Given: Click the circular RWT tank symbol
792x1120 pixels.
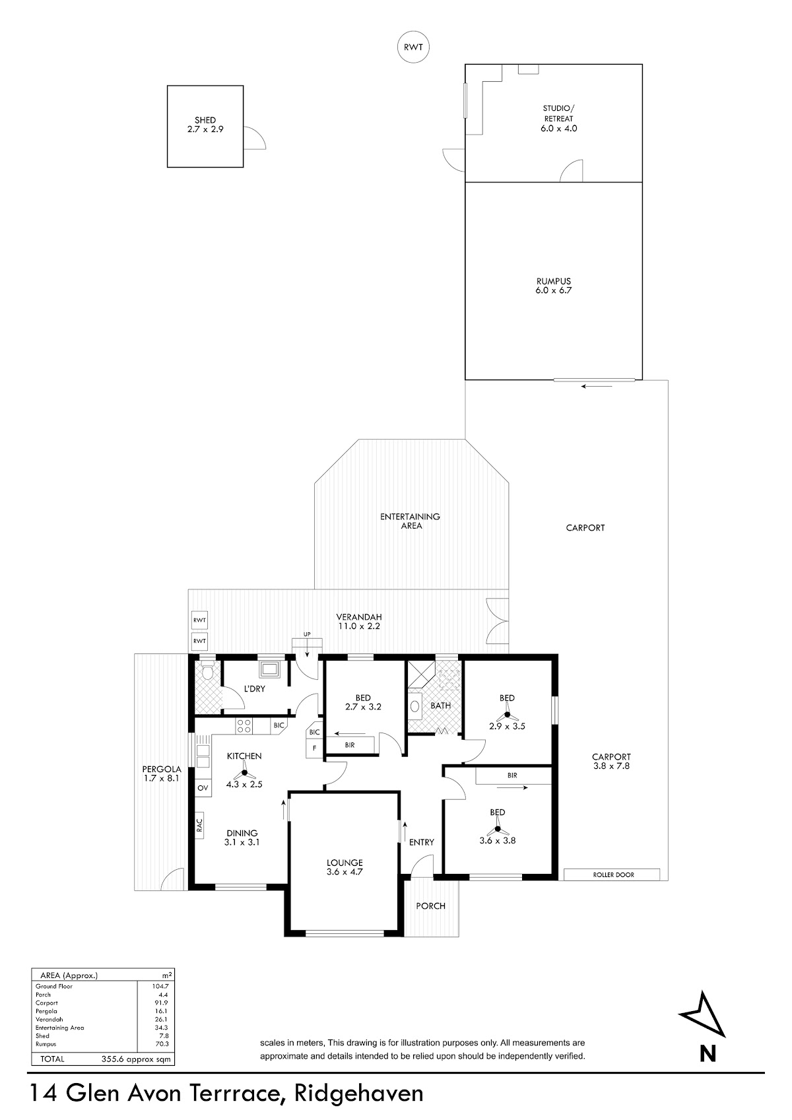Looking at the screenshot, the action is click(413, 47).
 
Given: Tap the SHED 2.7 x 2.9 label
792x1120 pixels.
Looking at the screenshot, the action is click(205, 125).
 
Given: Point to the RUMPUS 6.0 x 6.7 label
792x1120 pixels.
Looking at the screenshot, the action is click(553, 286).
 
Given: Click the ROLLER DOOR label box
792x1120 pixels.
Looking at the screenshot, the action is click(612, 874).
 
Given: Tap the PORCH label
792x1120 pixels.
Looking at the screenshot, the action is click(430, 906).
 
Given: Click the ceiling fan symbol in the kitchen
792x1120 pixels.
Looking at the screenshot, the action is click(244, 772).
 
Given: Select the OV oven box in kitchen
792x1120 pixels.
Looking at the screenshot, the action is click(203, 787).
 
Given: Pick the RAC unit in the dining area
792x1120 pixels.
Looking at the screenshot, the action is click(199, 825).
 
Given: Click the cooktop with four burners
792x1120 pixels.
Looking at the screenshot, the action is click(244, 726).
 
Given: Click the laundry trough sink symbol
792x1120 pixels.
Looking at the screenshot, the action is click(270, 669).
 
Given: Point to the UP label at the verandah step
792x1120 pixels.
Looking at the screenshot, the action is click(307, 634).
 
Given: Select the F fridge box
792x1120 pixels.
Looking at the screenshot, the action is click(315, 748).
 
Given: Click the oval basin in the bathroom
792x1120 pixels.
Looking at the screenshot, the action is click(415, 706).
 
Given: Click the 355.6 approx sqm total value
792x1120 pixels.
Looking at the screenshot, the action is click(136, 1059).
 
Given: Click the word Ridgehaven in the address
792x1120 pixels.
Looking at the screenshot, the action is click(358, 1094).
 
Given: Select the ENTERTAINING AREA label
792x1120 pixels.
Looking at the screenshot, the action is click(410, 521).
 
